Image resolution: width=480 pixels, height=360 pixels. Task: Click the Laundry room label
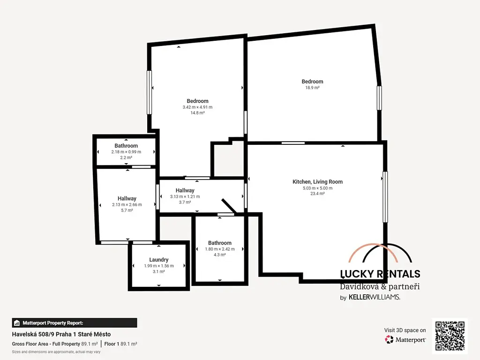[x=158, y=260]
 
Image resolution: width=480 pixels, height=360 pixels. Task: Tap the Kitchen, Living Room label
[x=317, y=181]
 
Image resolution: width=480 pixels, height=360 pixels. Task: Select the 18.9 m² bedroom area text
[x=312, y=88]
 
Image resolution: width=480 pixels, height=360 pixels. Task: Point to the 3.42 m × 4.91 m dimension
[x=197, y=107]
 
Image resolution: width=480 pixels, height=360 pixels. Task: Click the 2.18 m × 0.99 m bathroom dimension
[x=126, y=152]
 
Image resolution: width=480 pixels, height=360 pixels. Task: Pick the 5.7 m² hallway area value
[x=127, y=210]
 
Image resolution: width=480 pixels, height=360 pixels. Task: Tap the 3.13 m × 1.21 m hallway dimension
[x=185, y=196]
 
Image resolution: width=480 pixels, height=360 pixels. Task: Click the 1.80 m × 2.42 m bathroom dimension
[x=220, y=249]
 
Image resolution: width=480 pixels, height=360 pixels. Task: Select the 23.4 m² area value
[x=317, y=194]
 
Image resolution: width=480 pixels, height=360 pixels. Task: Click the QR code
[x=450, y=336]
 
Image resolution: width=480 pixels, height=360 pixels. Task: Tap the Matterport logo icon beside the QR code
[x=389, y=339]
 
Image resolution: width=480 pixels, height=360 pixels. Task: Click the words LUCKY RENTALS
[x=380, y=274]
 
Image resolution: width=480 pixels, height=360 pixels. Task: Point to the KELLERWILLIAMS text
[x=375, y=297]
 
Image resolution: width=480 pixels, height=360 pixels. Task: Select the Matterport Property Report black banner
[x=75, y=323]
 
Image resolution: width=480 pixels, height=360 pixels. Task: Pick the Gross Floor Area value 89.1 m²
[x=90, y=344]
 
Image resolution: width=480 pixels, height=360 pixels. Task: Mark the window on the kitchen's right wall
[x=385, y=197]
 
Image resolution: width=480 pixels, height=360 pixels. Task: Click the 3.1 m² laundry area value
[x=158, y=271]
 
